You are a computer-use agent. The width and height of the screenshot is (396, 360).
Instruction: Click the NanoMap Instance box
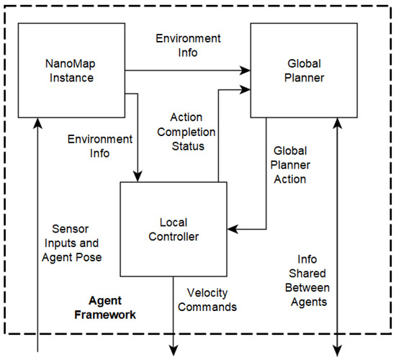tap(71, 70)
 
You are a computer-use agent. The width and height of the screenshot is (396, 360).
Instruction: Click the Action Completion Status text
tap(186, 131)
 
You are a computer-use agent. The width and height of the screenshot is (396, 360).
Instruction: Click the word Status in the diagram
tap(186, 146)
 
